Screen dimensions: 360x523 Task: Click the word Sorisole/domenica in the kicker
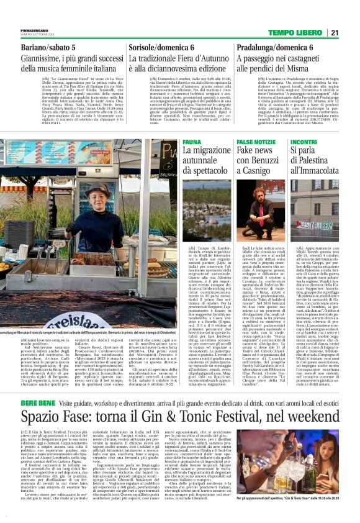point(149,47)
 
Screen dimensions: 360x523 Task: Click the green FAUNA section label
point(192,142)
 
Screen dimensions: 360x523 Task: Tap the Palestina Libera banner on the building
point(315,225)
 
